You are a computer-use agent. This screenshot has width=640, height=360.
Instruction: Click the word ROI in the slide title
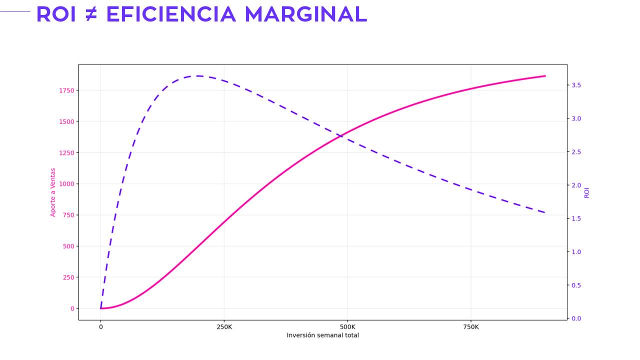[56, 14]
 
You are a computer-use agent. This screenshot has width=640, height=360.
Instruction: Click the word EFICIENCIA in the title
[171, 14]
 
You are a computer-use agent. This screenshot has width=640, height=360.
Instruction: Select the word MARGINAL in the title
[305, 14]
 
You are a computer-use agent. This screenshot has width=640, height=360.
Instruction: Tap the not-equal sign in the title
[91, 14]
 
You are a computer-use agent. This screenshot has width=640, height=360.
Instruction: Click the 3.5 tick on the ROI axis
[576, 85]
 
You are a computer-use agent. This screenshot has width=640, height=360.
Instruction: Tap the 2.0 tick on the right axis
[576, 185]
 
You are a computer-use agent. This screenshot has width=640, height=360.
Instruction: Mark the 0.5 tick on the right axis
[576, 285]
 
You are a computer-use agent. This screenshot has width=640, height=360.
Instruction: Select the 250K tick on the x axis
[224, 327]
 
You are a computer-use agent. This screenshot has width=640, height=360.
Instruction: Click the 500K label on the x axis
[347, 327]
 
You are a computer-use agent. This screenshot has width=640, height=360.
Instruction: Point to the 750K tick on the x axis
[471, 327]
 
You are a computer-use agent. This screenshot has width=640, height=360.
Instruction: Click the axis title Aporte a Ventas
[53, 192]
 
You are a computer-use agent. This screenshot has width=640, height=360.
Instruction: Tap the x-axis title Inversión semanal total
[322, 335]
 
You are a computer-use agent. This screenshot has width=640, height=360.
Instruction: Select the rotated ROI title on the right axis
[587, 192]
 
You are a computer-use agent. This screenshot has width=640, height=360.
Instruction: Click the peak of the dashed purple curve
[198, 76]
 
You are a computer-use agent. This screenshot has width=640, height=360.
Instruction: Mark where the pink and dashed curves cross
[344, 134]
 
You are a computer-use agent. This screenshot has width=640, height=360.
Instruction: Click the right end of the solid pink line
[545, 76]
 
